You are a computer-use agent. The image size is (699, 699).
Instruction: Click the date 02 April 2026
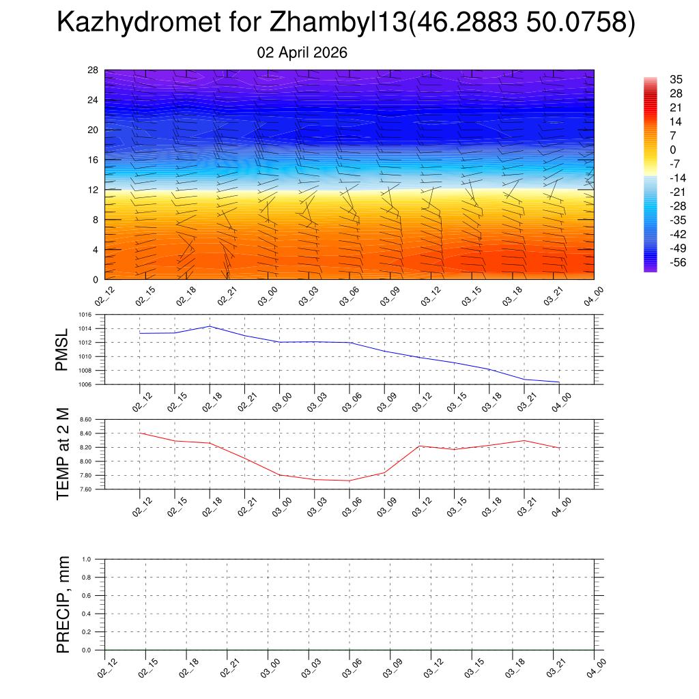[302, 53]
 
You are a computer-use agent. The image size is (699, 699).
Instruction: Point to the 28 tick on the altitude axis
[93, 70]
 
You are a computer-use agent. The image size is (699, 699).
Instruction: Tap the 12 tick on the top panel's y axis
[93, 190]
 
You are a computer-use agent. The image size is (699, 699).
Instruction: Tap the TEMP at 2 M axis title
[63, 455]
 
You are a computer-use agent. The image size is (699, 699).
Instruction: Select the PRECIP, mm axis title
[63, 605]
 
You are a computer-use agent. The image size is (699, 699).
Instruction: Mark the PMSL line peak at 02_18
[210, 326]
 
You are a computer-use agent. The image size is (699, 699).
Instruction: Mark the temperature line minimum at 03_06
[349, 481]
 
